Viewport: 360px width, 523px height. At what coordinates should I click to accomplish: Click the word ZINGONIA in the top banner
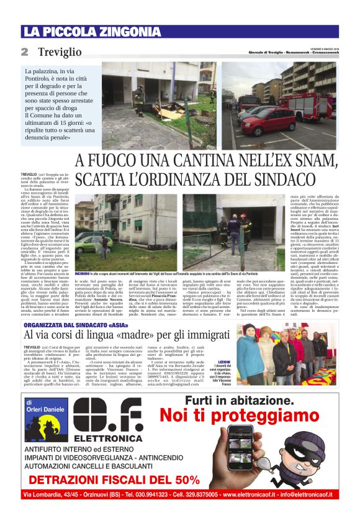[x=118, y=32]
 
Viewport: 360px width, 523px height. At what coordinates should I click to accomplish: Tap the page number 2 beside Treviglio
[x=25, y=52]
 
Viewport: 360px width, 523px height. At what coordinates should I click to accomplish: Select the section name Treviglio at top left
[x=60, y=52]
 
